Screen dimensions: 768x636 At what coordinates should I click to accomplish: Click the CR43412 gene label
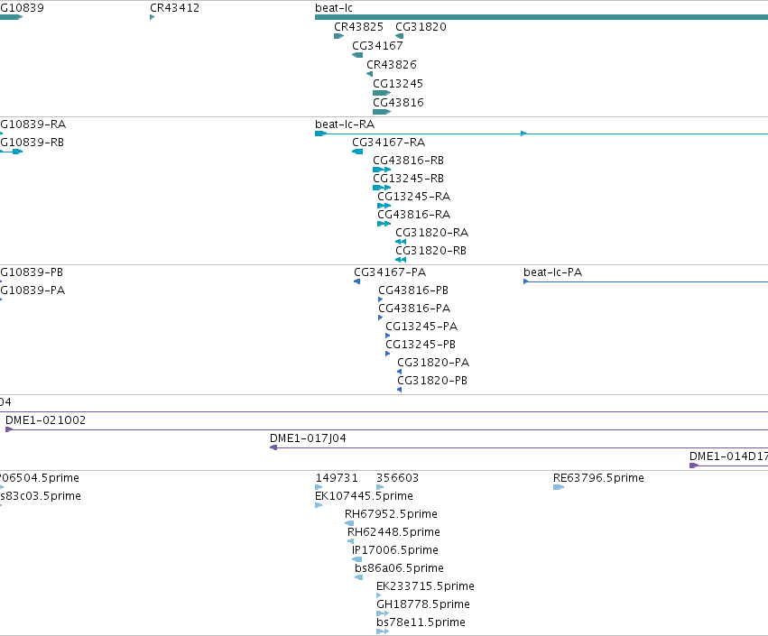[x=174, y=8]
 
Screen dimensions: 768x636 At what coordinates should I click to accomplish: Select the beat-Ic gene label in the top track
[x=334, y=8]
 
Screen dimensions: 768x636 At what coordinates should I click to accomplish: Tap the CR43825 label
[x=358, y=27]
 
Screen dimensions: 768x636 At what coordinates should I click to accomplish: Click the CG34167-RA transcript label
[x=388, y=143]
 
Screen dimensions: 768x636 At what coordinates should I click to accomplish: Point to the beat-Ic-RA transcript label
[x=345, y=124]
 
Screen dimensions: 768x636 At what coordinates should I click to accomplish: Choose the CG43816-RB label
[x=408, y=161]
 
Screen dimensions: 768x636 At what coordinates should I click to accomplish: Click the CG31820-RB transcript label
[x=430, y=251]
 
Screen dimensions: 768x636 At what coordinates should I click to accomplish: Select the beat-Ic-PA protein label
[x=552, y=272]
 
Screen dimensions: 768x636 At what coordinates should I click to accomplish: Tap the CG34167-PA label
[x=390, y=272]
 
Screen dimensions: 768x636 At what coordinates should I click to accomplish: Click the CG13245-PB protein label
[x=421, y=345]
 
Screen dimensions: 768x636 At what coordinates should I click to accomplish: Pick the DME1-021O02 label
[x=45, y=420]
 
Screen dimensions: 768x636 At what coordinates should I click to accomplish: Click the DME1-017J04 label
[x=308, y=438]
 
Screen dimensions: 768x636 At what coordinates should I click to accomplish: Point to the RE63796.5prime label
[x=598, y=478]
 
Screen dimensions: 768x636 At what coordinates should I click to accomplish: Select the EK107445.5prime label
[x=364, y=496]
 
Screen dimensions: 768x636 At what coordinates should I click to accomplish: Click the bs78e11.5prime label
[x=421, y=622]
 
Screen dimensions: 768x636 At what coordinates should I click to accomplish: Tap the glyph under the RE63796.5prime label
[x=559, y=487]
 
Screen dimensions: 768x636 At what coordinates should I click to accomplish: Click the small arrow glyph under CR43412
[x=152, y=17]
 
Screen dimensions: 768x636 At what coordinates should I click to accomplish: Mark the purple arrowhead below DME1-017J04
[x=273, y=447]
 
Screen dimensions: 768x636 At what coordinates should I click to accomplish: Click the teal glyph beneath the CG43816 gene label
[x=382, y=112]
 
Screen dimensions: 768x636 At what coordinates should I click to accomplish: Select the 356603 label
[x=397, y=478]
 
